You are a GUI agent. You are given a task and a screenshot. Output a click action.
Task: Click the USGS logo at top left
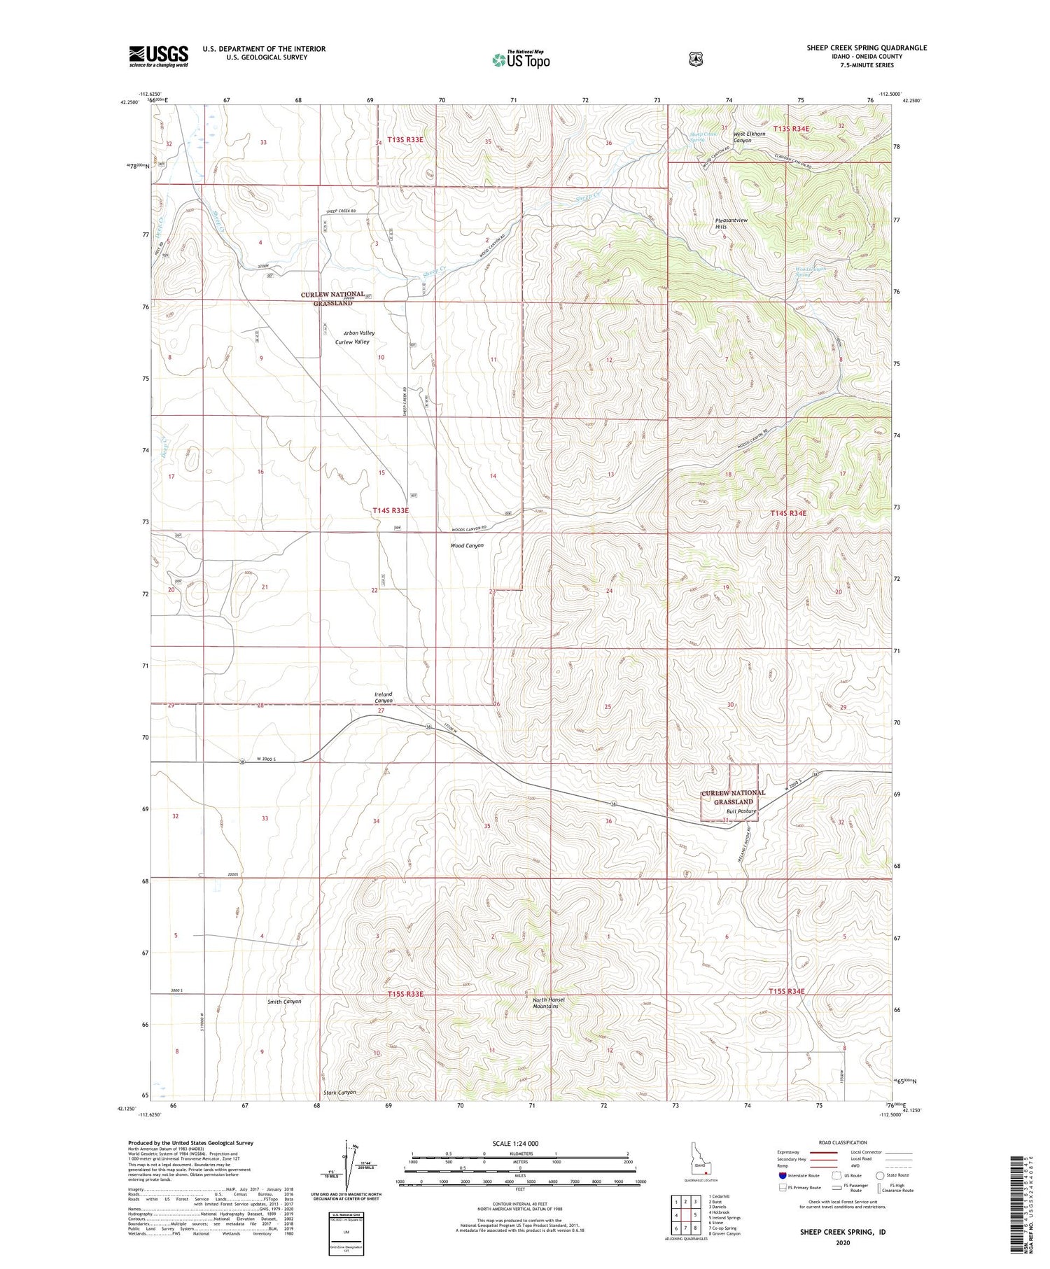tap(158, 56)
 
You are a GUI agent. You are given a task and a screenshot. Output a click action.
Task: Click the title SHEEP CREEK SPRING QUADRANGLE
tap(866, 48)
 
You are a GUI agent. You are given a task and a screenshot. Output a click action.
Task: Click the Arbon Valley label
tap(359, 333)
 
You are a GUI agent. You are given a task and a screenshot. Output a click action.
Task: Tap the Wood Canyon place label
tap(467, 545)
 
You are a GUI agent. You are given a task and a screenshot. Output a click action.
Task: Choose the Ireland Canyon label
tap(384, 697)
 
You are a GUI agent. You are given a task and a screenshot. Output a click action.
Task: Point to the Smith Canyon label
tap(284, 1002)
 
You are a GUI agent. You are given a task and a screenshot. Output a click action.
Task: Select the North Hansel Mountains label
tap(548, 1003)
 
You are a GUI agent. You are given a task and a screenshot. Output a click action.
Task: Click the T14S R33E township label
tap(390, 511)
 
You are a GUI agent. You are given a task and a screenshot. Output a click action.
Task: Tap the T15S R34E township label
tap(787, 991)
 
